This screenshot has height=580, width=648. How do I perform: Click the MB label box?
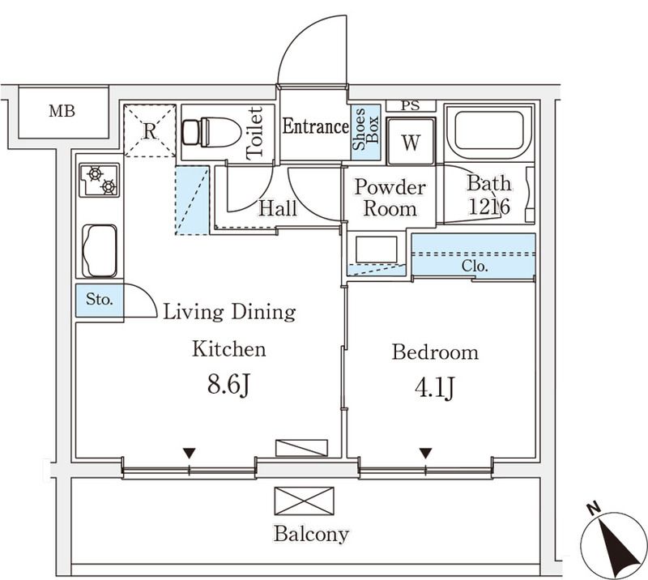click(62, 112)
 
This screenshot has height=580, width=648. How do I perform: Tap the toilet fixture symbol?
click(212, 131)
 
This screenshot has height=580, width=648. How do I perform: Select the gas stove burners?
click(100, 179)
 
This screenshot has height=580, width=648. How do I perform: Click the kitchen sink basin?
click(100, 250)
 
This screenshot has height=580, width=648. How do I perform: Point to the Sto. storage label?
click(99, 300)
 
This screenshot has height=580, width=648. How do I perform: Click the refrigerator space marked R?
click(150, 130)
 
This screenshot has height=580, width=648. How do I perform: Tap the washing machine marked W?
click(411, 143)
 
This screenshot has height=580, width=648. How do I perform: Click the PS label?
click(411, 104)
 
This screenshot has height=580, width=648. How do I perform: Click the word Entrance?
click(315, 126)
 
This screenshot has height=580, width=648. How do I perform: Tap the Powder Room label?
click(390, 198)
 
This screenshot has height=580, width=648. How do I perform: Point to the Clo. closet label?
click(474, 265)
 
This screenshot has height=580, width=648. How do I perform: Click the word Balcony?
click(311, 535)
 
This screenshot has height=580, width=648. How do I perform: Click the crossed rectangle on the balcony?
click(304, 501)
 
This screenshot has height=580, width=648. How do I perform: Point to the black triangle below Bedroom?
click(425, 453)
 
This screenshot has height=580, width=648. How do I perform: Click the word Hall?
click(277, 208)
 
